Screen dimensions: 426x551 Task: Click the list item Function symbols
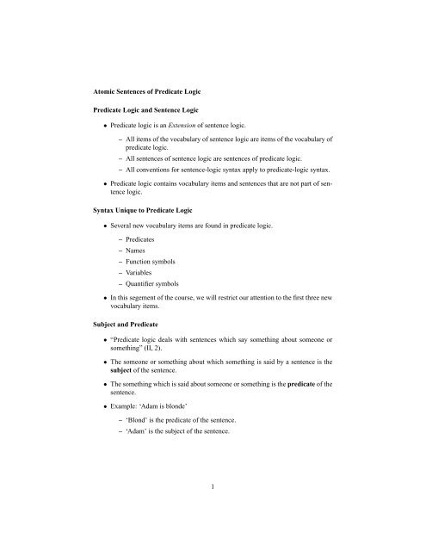click(160, 294)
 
